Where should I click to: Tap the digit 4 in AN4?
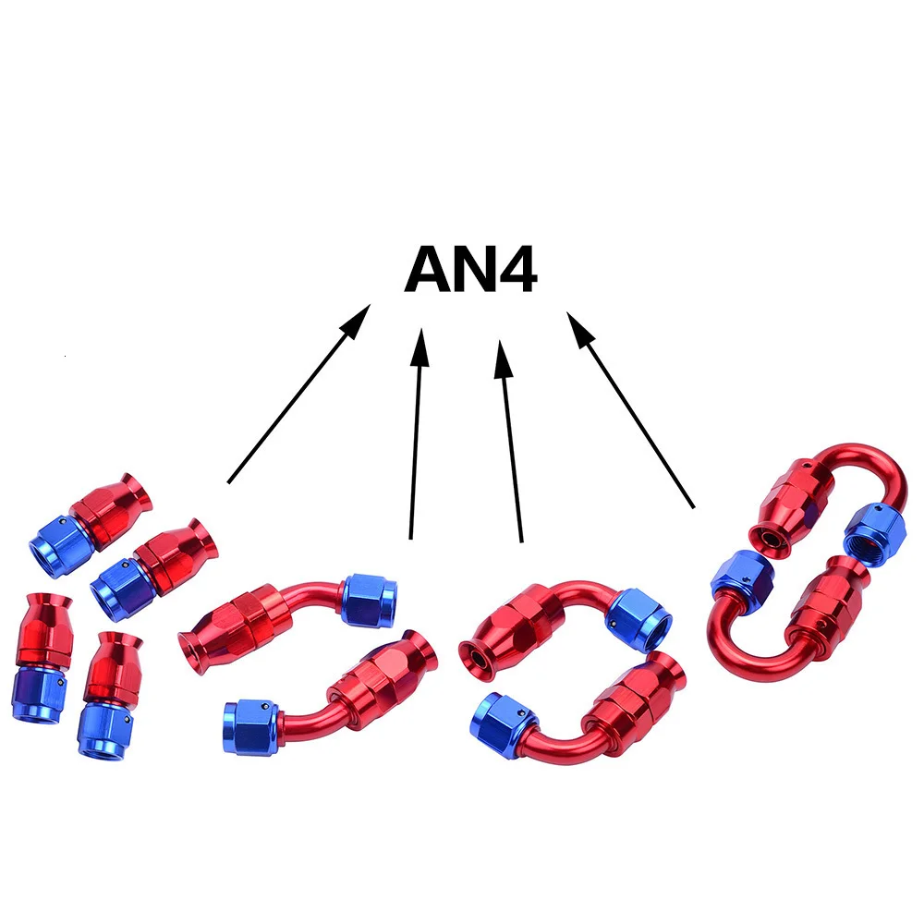pos(514,271)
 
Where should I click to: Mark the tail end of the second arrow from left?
pos(411,537)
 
